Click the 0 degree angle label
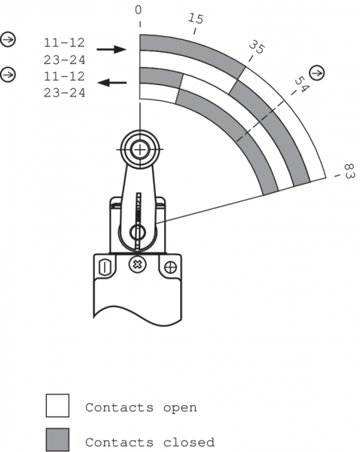click(139, 10)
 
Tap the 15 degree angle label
click(196, 19)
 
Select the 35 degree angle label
click(256, 47)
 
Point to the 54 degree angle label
click(301, 84)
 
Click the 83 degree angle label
click(349, 171)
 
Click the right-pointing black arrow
click(111, 50)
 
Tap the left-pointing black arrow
click(111, 83)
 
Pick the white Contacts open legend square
click(58, 405)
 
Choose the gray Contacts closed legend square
click(58, 440)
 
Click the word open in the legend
click(180, 408)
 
